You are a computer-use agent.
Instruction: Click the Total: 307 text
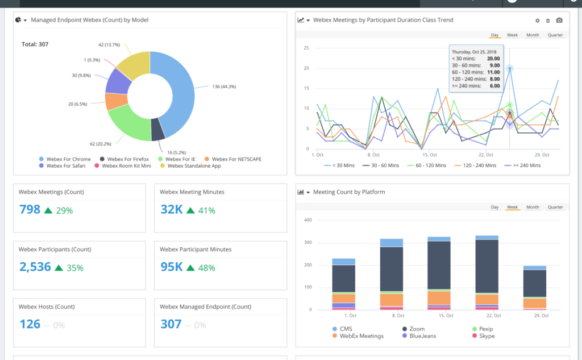tap(35, 44)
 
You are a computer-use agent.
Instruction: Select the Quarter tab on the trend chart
tap(555, 35)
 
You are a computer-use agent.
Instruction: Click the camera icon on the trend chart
tap(559, 20)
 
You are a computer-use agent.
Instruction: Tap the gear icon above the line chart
tap(537, 20)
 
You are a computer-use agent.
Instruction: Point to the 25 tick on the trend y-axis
tap(306, 48)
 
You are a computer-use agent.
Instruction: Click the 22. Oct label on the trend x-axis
tap(486, 155)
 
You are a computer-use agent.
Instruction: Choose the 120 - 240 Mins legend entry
tap(476, 165)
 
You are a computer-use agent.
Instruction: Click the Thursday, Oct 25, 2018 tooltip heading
tap(474, 52)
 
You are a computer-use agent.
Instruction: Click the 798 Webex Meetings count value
tap(30, 210)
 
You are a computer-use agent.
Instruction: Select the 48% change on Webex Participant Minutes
tap(206, 268)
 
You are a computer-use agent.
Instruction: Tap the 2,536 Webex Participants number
tap(35, 267)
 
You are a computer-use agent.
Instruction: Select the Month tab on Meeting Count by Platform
tap(533, 207)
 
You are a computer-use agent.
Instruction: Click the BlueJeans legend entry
tap(419, 336)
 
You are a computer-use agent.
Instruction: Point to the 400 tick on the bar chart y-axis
tap(309, 220)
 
